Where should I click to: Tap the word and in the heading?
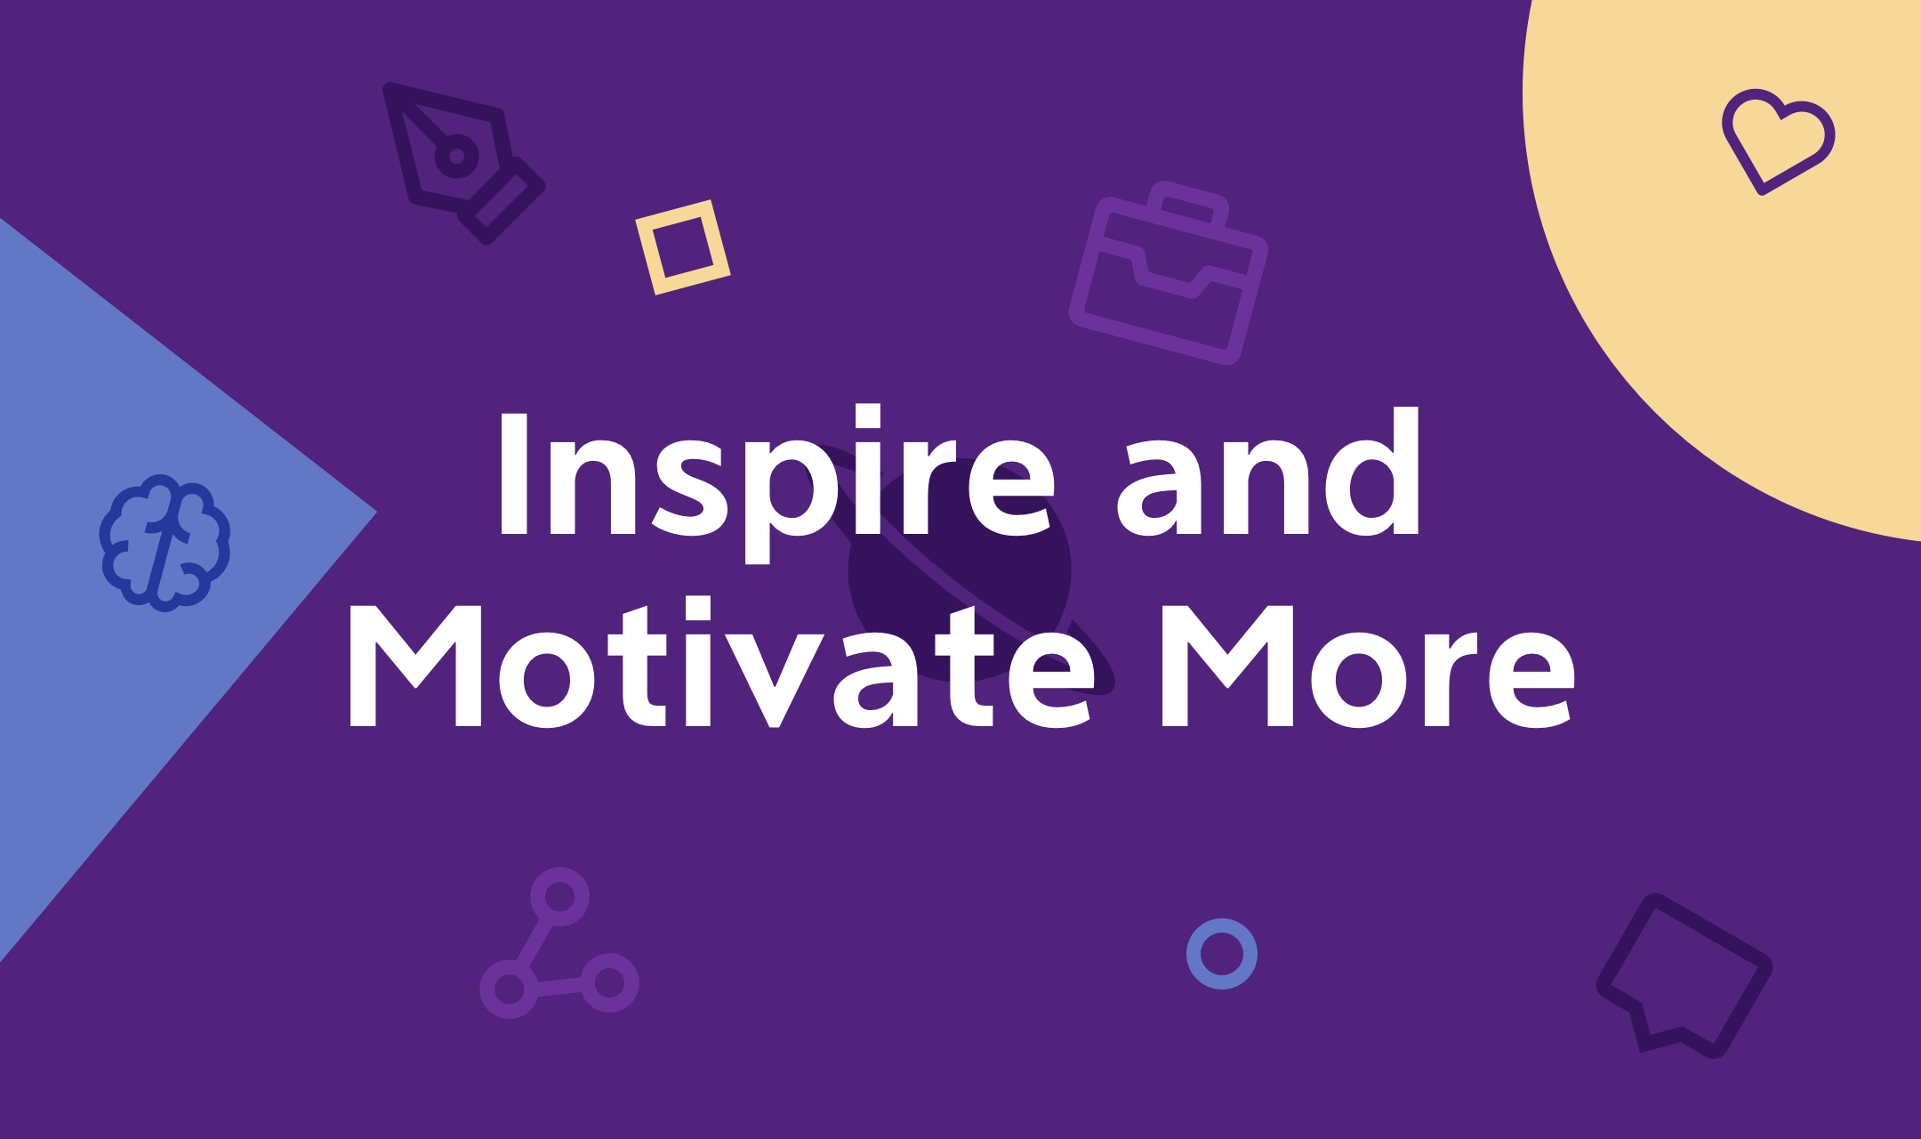[x=1268, y=473]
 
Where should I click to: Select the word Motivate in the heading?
[x=721, y=663]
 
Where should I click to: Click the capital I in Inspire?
[x=513, y=473]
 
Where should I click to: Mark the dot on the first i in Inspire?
[x=868, y=416]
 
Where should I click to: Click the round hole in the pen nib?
[x=456, y=157]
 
